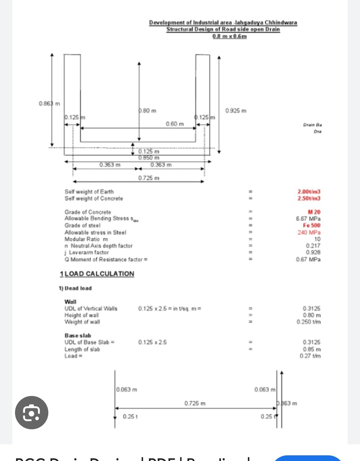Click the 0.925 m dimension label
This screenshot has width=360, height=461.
(236, 110)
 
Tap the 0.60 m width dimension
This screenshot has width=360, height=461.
(175, 124)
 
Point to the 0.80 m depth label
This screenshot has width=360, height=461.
(148, 110)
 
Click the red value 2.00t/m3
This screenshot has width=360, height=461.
(309, 191)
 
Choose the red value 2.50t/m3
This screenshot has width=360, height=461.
(309, 198)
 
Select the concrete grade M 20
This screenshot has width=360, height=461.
(314, 212)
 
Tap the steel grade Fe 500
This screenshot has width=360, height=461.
(311, 225)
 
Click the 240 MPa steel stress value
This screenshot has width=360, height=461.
(309, 232)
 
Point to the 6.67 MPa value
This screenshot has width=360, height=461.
(308, 219)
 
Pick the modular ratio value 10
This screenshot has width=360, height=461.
(317, 239)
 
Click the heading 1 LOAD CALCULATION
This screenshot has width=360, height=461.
(97, 274)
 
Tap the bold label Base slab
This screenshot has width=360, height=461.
(78, 335)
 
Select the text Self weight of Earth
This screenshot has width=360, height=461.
(89, 191)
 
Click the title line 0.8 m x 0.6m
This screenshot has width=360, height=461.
(229, 36)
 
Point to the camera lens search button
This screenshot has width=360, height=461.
(32, 413)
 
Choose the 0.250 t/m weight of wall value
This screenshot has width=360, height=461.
(308, 322)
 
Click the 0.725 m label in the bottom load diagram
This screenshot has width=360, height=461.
(195, 403)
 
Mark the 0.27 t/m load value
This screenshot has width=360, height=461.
(310, 356)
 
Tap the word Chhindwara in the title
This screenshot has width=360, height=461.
(281, 22)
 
